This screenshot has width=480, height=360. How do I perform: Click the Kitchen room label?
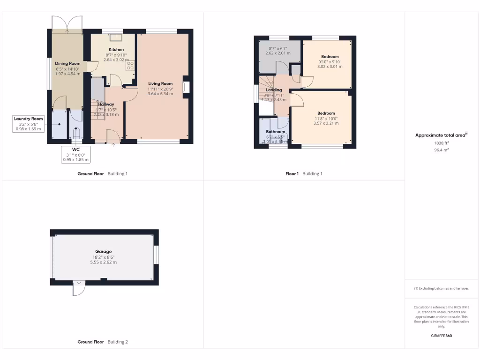[116, 49]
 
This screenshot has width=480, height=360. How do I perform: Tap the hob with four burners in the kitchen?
[130, 65]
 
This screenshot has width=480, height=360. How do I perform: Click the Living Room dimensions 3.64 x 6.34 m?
[160, 94]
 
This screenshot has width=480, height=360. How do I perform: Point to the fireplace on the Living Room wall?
[186, 87]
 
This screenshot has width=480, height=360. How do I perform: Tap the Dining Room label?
[68, 63]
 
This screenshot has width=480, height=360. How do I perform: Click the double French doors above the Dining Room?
[67, 23]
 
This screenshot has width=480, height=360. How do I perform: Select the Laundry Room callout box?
[29, 124]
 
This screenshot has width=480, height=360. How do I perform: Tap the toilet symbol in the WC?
[76, 133]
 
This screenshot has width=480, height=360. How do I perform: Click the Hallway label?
[106, 104]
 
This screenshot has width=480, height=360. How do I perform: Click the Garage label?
[103, 252]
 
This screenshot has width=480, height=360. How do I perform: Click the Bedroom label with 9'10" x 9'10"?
[330, 56]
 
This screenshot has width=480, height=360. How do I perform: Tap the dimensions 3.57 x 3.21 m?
[326, 123]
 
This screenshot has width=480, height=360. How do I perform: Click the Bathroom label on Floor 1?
[276, 132]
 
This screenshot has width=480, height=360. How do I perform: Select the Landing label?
[274, 90]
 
